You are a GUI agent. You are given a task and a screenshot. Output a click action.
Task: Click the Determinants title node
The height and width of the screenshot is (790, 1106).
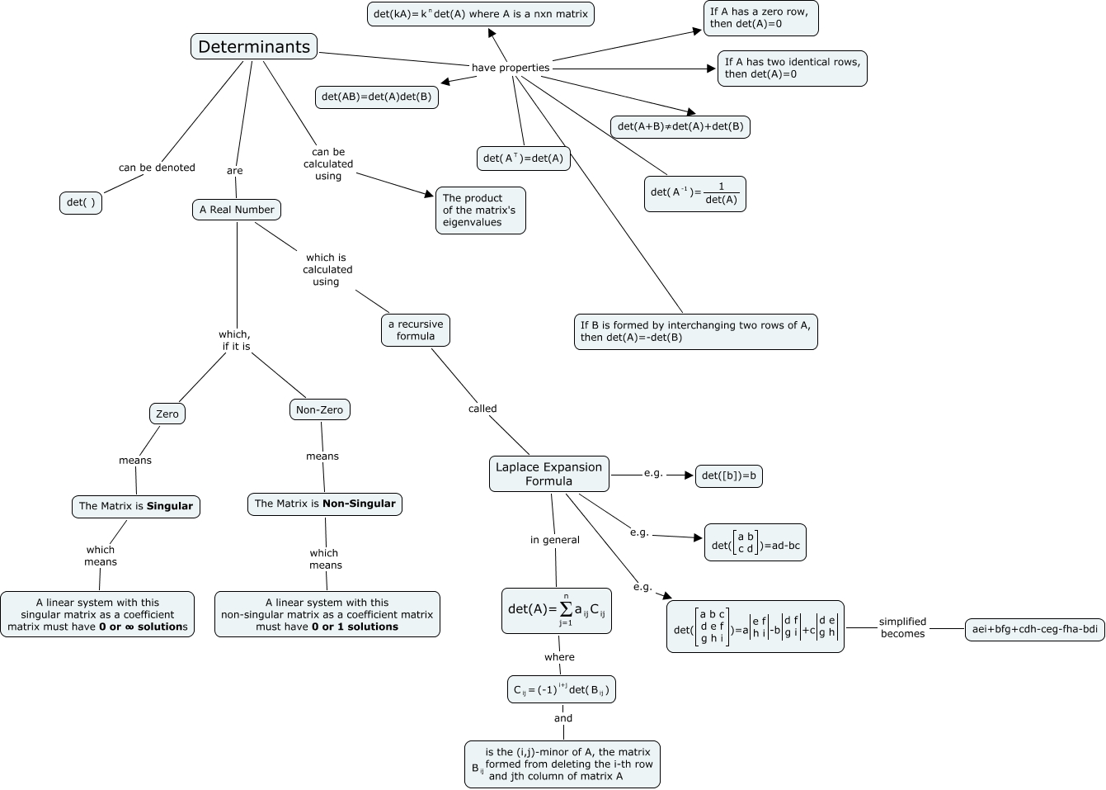[254, 47]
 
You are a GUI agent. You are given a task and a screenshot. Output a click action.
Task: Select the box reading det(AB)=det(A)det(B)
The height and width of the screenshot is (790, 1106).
[376, 97]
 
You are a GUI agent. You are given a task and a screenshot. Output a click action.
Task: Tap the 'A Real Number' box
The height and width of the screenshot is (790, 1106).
[237, 210]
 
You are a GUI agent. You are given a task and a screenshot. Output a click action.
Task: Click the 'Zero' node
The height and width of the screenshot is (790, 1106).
[167, 414]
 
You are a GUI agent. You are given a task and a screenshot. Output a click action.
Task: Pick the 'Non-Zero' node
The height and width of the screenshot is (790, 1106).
[319, 409]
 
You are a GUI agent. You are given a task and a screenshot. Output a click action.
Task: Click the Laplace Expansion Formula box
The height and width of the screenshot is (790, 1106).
[548, 474]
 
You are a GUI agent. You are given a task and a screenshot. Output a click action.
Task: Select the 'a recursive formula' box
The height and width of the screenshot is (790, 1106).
[416, 330]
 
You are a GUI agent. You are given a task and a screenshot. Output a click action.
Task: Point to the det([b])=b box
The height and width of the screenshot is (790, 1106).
[728, 475]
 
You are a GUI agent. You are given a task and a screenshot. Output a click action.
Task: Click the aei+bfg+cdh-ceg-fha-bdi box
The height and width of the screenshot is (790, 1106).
[1034, 629]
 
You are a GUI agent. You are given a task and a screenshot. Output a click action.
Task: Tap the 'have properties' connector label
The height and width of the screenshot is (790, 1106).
[510, 68]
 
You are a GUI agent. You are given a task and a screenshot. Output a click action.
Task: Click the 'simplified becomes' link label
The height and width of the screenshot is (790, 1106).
[902, 627]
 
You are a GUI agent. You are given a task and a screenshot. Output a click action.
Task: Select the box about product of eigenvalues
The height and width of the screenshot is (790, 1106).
[479, 211]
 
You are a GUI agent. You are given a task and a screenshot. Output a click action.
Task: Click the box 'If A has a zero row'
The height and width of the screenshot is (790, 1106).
[760, 18]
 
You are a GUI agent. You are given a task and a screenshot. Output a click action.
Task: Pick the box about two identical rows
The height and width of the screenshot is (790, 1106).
[792, 68]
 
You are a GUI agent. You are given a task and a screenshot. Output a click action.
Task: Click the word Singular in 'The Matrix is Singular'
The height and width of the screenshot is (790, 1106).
[170, 506]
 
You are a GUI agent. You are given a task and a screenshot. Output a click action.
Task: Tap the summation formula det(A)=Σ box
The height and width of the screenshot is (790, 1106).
[556, 611]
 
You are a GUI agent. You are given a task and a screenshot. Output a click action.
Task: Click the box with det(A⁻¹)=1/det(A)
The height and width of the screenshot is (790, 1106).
[694, 194]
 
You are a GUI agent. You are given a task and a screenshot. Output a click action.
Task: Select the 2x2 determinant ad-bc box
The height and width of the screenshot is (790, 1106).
[755, 543]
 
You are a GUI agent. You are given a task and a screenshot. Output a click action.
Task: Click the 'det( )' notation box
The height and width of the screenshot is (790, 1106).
[81, 202]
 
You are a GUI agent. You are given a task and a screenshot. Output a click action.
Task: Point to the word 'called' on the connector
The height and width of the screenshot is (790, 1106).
[482, 409]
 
